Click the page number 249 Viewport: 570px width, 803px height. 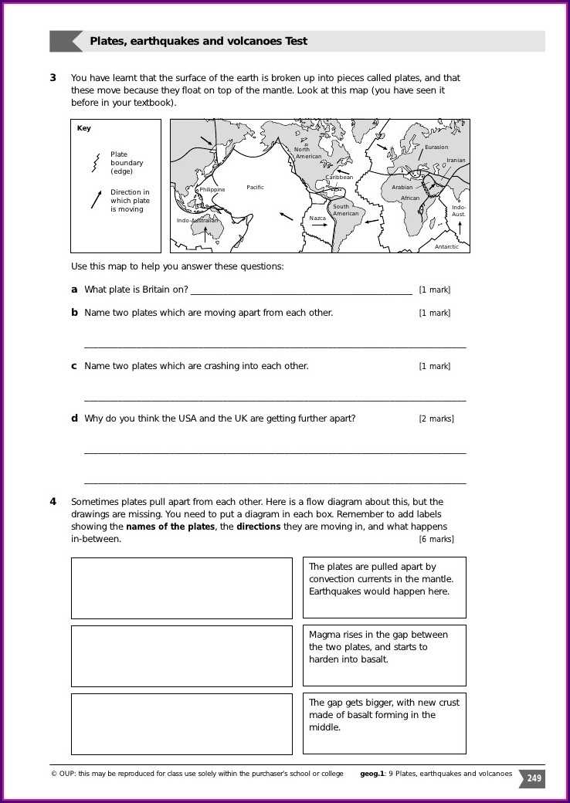tap(534, 779)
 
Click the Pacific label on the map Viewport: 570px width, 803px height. tap(255, 188)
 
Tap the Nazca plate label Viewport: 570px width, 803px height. tap(317, 219)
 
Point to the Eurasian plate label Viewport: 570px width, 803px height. tap(436, 147)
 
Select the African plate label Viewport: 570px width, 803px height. tap(410, 198)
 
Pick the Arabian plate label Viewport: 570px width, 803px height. tap(402, 188)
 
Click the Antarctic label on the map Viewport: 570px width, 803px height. tap(446, 247)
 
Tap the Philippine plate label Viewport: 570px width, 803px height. tap(212, 189)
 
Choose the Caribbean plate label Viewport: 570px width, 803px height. tap(339, 178)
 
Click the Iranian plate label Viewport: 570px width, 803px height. tap(456, 161)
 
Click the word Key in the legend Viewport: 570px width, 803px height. tap(83, 129)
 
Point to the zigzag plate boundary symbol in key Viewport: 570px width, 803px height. tap(96, 163)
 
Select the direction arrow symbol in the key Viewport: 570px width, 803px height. tap(96, 199)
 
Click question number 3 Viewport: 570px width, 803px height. tap(53, 78)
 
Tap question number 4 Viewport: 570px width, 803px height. tap(53, 502)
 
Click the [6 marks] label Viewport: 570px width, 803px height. tap(436, 539)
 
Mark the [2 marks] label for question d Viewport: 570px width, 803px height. tap(436, 419)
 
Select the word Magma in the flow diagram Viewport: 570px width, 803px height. tap(324, 635)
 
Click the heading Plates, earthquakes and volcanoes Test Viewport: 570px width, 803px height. tap(198, 42)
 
